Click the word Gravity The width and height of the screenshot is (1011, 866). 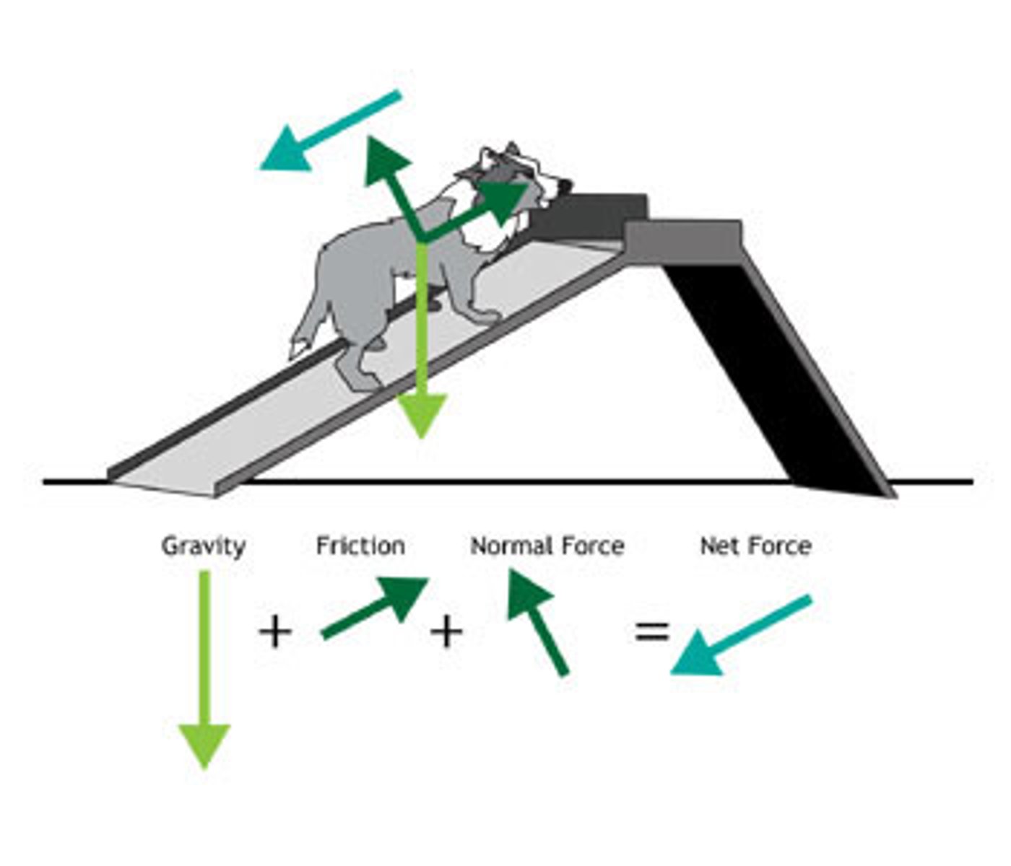click(204, 546)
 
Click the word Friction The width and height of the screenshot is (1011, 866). click(360, 546)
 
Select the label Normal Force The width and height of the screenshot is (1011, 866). click(547, 546)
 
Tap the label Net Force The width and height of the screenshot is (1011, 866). click(755, 546)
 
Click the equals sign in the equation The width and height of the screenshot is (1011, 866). click(652, 631)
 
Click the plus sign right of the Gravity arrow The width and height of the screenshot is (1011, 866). click(275, 633)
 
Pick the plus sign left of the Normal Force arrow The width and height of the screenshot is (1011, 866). click(446, 632)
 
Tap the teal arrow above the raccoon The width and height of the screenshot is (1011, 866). click(329, 130)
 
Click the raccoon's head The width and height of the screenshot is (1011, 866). click(516, 173)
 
